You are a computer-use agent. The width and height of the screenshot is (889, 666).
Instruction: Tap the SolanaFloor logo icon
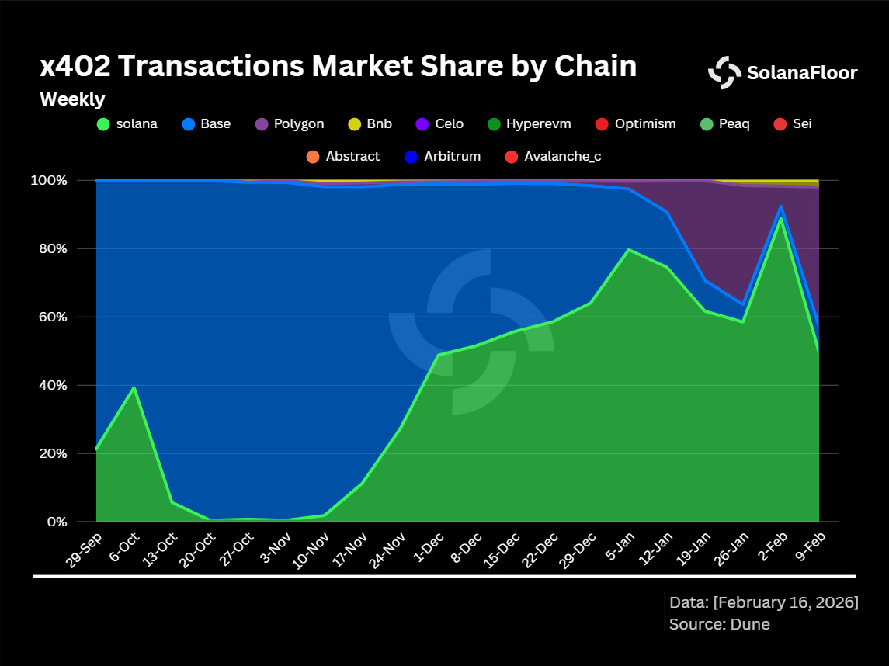(x=724, y=73)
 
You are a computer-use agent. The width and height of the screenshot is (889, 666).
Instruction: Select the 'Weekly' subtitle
(x=72, y=99)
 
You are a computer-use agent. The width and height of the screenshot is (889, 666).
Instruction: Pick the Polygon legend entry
(x=290, y=123)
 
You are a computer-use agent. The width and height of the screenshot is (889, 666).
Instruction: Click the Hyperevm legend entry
(x=529, y=123)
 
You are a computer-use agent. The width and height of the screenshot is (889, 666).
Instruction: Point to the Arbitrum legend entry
(x=443, y=156)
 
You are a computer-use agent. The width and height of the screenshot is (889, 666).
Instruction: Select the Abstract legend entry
(x=343, y=156)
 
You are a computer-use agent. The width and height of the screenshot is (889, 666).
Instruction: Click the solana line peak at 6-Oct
(x=134, y=387)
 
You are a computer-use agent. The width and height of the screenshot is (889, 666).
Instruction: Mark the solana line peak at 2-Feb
(x=780, y=217)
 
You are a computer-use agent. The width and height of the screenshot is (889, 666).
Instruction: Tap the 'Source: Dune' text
(x=719, y=624)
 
